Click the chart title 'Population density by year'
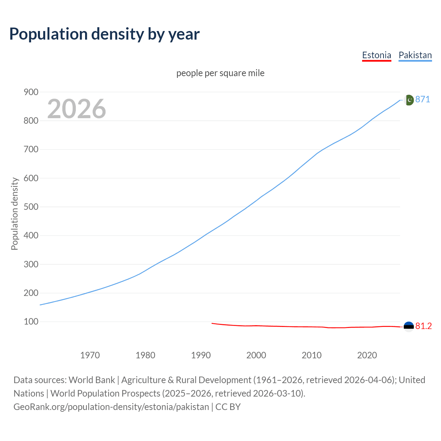[104, 34]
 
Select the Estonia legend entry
[377, 55]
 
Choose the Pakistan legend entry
[415, 55]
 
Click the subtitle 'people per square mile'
[220, 73]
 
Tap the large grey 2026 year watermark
[76, 109]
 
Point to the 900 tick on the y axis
[31, 92]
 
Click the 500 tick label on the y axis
[31, 207]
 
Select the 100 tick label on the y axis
[31, 321]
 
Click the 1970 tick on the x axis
[90, 355]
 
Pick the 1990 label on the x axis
[201, 355]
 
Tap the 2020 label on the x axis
[367, 355]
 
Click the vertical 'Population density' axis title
[14, 214]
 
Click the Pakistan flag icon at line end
[409, 100]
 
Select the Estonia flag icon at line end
[409, 327]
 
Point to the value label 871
[423, 100]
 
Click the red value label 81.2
[423, 326]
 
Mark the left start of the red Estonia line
[212, 323]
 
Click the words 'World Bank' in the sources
[92, 380]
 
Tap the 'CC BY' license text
[228, 407]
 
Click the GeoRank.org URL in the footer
[111, 407]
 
